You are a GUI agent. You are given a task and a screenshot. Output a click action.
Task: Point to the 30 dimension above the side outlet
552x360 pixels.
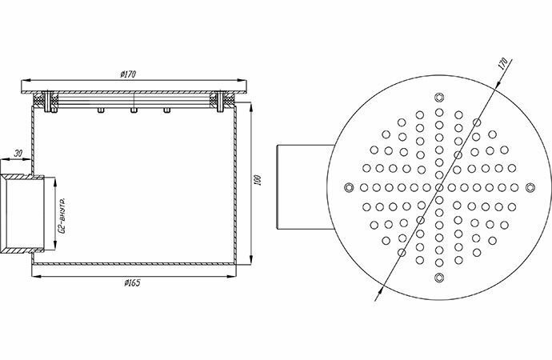click(17, 154)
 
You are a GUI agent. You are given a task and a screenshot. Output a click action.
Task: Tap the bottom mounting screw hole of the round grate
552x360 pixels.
click(439, 278)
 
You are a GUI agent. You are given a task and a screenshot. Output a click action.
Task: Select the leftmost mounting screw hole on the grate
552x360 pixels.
click(347, 186)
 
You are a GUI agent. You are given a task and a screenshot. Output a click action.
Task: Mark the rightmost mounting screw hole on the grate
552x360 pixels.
click(531, 186)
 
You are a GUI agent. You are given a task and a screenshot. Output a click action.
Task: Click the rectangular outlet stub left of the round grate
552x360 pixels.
click(302, 186)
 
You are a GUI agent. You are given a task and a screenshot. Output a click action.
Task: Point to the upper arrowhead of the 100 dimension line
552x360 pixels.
click(251, 106)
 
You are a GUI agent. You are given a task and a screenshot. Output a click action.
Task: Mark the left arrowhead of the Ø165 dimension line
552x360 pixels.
click(34, 276)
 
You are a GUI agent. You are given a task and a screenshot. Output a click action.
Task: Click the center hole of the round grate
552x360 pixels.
click(439, 186)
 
